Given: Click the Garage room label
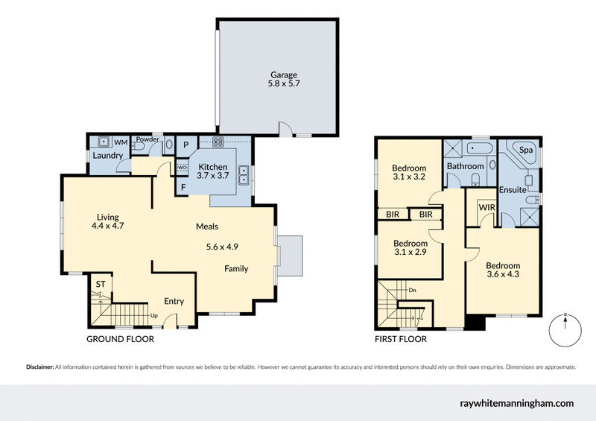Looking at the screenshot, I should [282, 75].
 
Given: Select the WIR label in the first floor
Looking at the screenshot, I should [487, 206].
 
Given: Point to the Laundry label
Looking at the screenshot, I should [107, 156].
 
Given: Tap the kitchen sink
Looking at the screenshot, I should [244, 175].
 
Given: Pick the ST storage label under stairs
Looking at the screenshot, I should [100, 284].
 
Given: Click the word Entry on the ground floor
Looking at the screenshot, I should [174, 302].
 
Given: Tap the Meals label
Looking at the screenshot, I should [206, 227].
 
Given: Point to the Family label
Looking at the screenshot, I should [236, 269].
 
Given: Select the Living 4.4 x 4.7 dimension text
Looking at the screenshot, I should [107, 225].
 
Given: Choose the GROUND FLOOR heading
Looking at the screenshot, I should [120, 339].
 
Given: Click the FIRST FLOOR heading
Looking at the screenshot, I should [401, 339].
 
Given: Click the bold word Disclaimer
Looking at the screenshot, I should [40, 367].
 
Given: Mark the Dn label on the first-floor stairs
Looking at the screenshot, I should [412, 290].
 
